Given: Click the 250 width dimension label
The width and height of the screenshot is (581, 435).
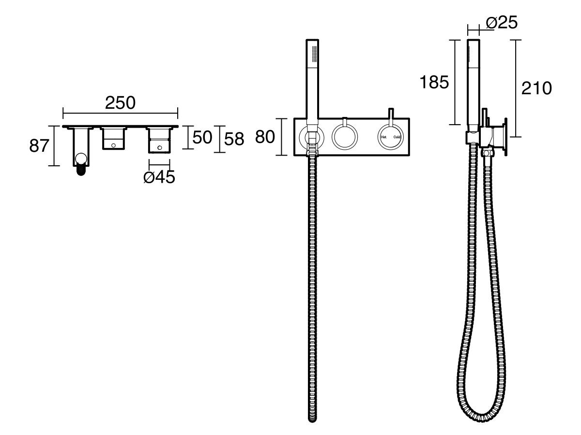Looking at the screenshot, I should (x=121, y=103).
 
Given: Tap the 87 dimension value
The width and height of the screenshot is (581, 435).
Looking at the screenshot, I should (x=39, y=145).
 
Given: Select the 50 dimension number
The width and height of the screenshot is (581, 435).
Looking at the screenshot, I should (x=202, y=137).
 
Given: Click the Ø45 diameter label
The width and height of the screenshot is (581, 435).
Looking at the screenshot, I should (x=159, y=177).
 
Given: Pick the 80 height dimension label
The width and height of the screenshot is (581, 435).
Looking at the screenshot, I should (x=265, y=137).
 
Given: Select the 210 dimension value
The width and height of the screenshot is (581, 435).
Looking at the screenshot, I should (x=536, y=88).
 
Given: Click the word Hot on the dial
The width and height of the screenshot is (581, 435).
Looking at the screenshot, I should (x=383, y=137).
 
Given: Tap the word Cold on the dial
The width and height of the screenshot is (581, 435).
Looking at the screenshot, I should (x=397, y=137).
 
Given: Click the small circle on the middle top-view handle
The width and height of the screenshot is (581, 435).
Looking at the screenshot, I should (x=114, y=144).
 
